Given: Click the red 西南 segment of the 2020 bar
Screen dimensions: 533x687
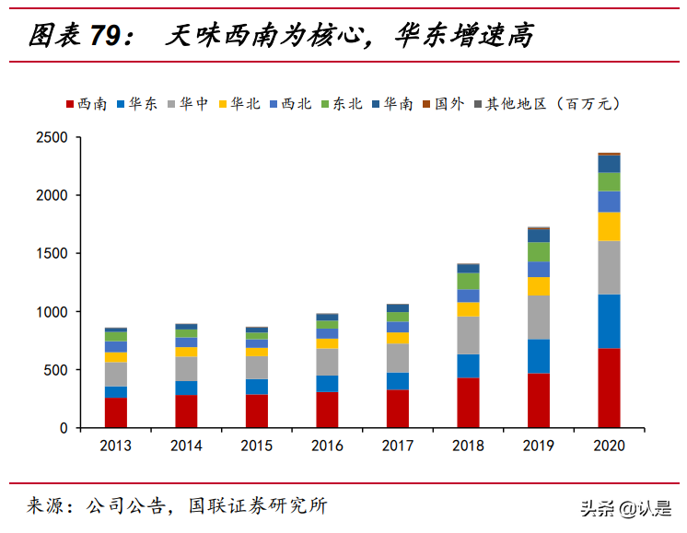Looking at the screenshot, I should pos(609,388).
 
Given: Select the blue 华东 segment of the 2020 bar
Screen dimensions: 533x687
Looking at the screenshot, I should pos(609,321).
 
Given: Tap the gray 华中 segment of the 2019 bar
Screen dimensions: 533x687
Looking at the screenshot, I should pos(539,318).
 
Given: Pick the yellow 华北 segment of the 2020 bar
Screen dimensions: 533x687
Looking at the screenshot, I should pos(609,226).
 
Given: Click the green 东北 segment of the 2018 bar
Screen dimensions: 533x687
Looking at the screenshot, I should pos(468,281).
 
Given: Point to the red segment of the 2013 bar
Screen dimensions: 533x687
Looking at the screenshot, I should pos(116,412).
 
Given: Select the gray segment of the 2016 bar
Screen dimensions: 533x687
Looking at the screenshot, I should pos(327,362).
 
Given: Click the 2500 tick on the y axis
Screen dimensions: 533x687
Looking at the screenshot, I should pos(52,137).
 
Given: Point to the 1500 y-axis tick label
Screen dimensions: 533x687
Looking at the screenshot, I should pos(52,254).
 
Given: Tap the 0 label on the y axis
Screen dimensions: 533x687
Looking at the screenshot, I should pos(64,428).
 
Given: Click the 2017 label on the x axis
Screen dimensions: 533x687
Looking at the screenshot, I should pos(398,446).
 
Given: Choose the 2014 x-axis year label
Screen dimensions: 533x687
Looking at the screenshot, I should pos(186,446).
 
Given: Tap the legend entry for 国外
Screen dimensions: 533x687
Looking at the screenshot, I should pos(446,103).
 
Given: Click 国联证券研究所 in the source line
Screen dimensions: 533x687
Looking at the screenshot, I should pos(258,505).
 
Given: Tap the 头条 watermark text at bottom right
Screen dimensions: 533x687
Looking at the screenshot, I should pos(596,507).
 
